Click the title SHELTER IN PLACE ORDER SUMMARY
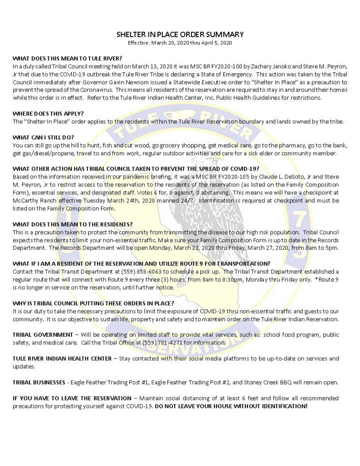[180, 35]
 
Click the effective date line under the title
[180, 43]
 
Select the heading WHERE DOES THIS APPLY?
[49, 113]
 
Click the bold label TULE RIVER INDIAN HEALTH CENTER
[61, 359]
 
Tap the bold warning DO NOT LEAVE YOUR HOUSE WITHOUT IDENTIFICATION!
[231, 405]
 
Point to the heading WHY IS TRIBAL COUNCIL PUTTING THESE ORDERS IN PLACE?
[93, 303]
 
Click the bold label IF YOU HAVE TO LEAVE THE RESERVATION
[68, 398]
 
